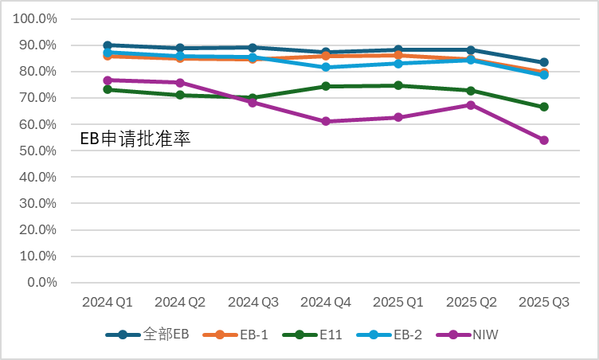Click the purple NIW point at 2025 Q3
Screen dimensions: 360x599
544,140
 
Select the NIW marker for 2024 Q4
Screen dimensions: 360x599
326,121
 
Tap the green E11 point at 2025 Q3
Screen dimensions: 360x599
544,107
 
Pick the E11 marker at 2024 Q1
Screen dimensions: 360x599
108,89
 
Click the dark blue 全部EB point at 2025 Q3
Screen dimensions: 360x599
544,62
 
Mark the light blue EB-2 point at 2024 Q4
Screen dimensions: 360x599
326,67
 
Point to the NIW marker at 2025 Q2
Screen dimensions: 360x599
471,105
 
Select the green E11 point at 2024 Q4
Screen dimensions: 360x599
326,86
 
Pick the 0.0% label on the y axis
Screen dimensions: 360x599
43,283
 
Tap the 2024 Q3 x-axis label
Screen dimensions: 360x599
253,303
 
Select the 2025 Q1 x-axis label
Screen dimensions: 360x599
398,303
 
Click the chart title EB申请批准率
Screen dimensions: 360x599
135,138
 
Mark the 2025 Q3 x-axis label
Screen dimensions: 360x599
544,303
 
